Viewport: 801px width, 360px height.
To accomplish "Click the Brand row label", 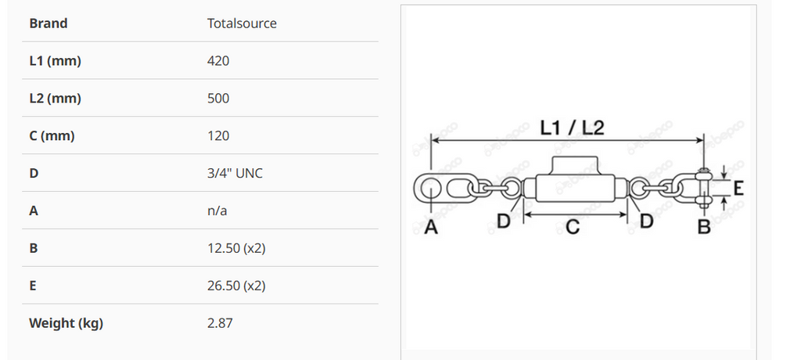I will click(x=48, y=23).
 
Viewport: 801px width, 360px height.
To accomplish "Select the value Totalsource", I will click(x=242, y=23).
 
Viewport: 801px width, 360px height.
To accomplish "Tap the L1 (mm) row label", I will click(x=55, y=61).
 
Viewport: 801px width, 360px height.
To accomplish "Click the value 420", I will click(x=218, y=61).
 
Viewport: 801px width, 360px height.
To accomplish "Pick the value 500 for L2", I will click(x=218, y=99).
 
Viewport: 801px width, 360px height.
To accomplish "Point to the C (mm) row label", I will click(x=52, y=136).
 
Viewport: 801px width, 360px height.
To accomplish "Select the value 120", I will click(x=218, y=136).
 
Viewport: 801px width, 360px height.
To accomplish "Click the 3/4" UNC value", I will click(x=235, y=173).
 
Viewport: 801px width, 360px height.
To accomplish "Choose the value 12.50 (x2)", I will click(x=236, y=248).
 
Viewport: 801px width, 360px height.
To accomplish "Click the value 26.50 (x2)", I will click(x=236, y=286).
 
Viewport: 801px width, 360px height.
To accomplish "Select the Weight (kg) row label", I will click(x=66, y=323).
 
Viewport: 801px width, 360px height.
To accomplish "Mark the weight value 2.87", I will click(x=220, y=323).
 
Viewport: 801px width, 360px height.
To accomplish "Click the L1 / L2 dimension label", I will click(x=573, y=127).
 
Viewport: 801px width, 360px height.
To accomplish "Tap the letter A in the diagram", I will click(x=430, y=227).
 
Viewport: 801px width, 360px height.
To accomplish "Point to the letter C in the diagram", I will click(x=573, y=227).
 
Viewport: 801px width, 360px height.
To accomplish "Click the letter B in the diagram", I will click(x=703, y=227).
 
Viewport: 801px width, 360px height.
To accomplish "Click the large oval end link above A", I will click(x=429, y=188).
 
